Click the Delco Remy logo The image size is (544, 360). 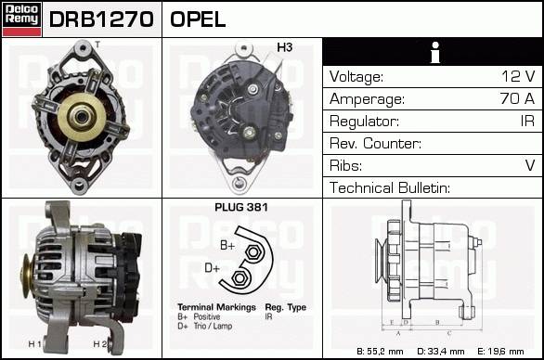click(22, 19)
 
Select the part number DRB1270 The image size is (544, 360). click(101, 19)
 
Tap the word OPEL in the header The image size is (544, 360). click(198, 19)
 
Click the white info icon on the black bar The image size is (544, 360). click(435, 52)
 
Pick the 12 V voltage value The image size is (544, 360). click(518, 76)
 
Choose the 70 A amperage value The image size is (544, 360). click(517, 98)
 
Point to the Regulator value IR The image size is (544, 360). click(527, 121)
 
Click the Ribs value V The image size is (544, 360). click(530, 165)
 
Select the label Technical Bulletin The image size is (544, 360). click(390, 187)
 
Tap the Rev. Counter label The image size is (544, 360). click(375, 143)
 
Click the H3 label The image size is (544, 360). click(284, 47)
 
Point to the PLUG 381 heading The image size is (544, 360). click(241, 208)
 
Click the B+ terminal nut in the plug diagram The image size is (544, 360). click(253, 252)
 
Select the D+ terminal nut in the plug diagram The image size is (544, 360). click(239, 277)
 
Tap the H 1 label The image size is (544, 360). click(34, 344)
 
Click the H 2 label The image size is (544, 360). click(100, 344)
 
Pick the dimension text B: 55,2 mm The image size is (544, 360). click(380, 352)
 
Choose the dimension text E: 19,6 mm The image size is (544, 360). click(500, 352)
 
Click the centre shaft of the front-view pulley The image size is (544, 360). click(83, 117)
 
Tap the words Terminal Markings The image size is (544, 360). click(216, 307)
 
